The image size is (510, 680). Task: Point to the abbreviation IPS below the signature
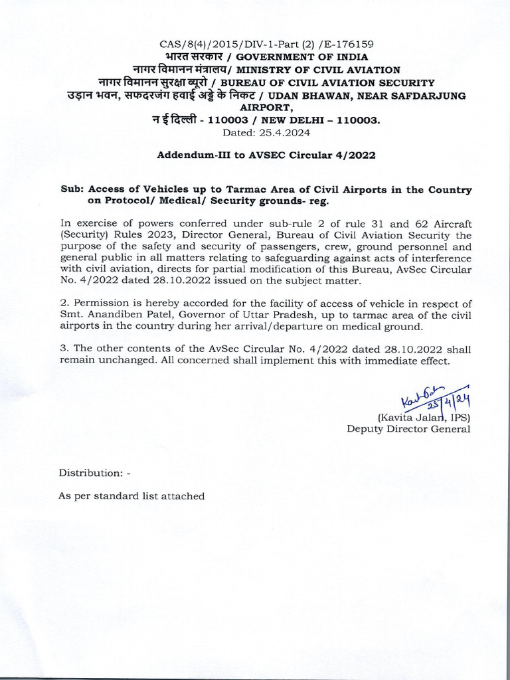pyautogui.click(x=459, y=417)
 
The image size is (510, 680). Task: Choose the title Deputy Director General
pyautogui.click(x=408, y=429)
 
